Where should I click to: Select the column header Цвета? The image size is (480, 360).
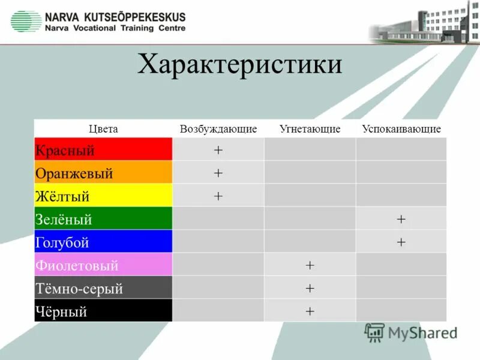tap(103, 129)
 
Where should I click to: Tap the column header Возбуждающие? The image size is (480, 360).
tap(218, 129)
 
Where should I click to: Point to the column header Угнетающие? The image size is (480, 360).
tap(310, 129)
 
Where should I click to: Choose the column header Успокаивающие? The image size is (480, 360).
tap(401, 129)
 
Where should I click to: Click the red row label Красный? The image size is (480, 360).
tap(65, 150)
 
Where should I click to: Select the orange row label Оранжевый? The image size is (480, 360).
tap(74, 173)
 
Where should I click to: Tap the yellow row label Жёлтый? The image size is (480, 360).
tap(62, 196)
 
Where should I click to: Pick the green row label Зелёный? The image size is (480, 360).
tap(64, 219)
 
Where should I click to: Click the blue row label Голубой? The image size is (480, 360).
tap(62, 242)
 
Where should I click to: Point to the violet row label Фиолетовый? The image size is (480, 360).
tap(77, 265)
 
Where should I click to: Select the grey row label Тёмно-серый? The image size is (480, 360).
tap(79, 289)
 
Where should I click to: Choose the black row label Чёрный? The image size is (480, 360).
tap(62, 311)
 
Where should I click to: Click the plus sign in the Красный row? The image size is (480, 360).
tap(218, 150)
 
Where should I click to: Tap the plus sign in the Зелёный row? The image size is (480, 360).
tap(401, 220)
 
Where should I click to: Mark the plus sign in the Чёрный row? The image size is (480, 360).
tap(310, 311)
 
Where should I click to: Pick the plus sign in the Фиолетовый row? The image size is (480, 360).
tap(310, 265)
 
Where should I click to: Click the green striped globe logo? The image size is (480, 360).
tap(25, 22)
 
